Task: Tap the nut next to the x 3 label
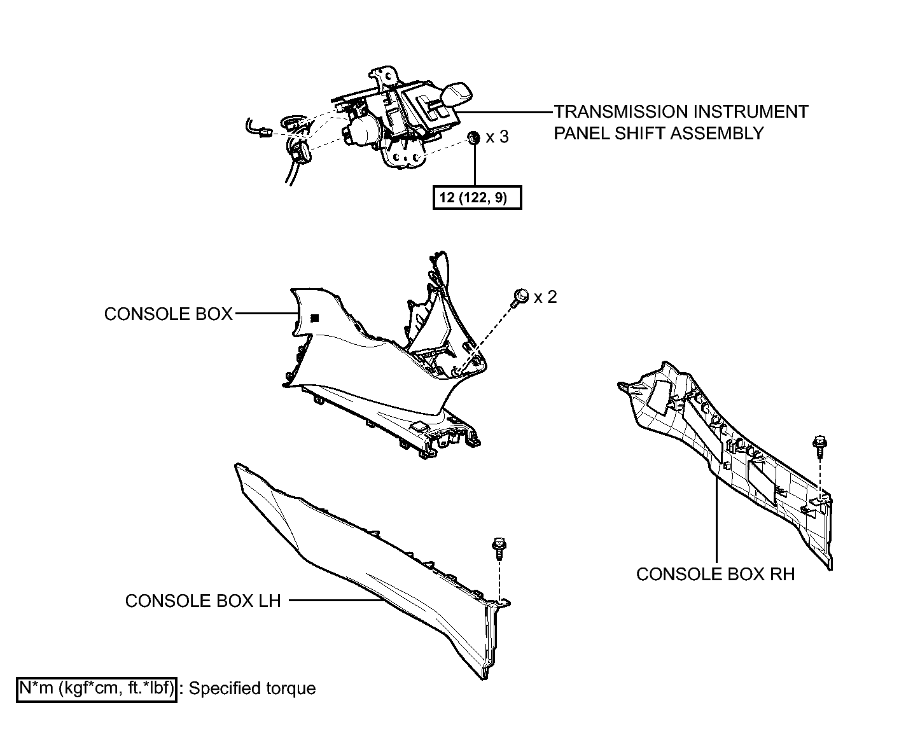(473, 137)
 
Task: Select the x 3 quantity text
(498, 137)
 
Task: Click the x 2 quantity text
(545, 297)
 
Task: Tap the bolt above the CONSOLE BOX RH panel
(819, 447)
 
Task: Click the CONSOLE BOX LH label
(203, 601)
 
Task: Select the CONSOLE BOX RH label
(715, 574)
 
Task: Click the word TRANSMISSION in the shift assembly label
(622, 112)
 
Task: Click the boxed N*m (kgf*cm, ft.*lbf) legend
(97, 690)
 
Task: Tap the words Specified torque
(252, 689)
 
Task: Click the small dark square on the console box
(315, 317)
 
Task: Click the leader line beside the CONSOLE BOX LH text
(335, 601)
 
